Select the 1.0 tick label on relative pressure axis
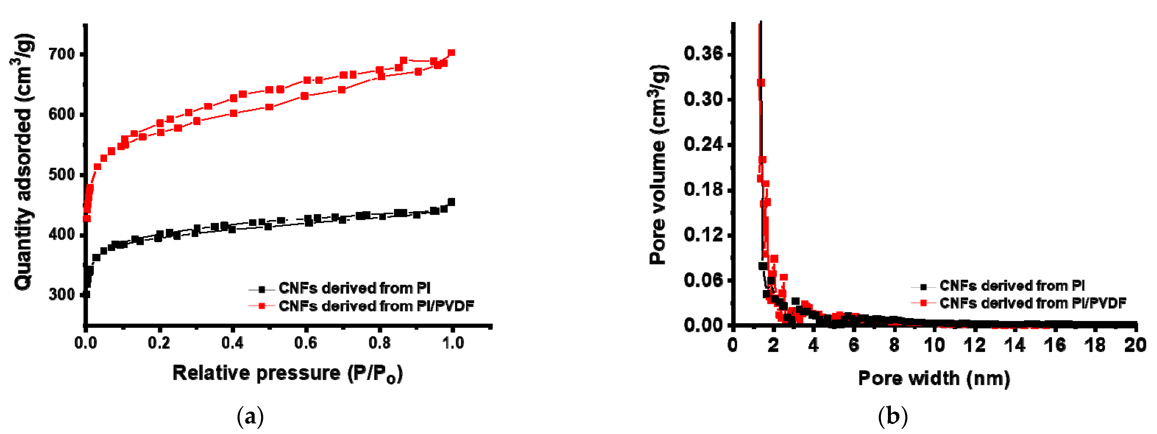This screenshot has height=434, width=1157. (453, 343)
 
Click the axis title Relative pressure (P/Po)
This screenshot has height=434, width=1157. (287, 373)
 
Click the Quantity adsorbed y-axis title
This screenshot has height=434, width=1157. (23, 162)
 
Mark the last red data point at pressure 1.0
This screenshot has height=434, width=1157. (451, 53)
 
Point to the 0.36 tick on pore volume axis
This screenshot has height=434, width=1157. (703, 54)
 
